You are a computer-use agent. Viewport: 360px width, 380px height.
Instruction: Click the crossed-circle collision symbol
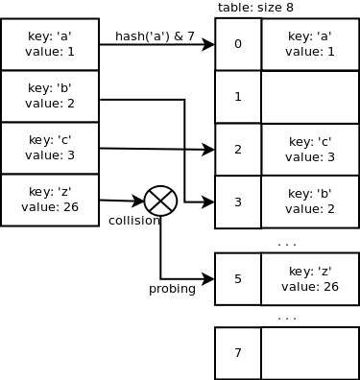tap(160, 202)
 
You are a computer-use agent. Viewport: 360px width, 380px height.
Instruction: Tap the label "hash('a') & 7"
tap(155, 36)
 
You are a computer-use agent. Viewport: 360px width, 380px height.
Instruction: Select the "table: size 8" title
tap(255, 8)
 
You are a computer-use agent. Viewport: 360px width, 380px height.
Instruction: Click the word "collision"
tap(134, 221)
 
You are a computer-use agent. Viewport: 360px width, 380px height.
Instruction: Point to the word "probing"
tap(172, 289)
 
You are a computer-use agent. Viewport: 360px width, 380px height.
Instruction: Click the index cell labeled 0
tap(238, 44)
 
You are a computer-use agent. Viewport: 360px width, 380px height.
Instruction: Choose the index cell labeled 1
tap(238, 97)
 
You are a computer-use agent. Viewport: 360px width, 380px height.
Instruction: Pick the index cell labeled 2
tap(238, 150)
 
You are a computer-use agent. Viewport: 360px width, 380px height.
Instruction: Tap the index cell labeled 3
tap(238, 202)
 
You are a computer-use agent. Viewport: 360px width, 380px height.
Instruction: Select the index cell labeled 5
tap(238, 279)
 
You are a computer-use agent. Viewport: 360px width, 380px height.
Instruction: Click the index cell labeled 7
tap(238, 353)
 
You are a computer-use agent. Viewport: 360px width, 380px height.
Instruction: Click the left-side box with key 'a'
tap(50, 44)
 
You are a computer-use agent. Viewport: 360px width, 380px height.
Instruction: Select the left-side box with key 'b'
tap(50, 96)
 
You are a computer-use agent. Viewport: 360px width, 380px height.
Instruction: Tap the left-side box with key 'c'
tap(50, 148)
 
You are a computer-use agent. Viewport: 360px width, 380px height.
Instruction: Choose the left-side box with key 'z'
tap(50, 200)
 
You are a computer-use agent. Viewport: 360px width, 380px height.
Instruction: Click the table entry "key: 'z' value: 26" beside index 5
tap(310, 279)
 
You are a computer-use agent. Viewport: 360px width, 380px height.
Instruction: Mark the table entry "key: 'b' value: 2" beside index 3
tap(310, 202)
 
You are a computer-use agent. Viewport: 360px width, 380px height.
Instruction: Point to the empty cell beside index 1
tap(310, 97)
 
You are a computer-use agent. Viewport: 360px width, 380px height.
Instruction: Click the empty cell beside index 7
tap(310, 353)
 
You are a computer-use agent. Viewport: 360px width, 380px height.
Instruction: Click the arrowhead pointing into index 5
tap(208, 279)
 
